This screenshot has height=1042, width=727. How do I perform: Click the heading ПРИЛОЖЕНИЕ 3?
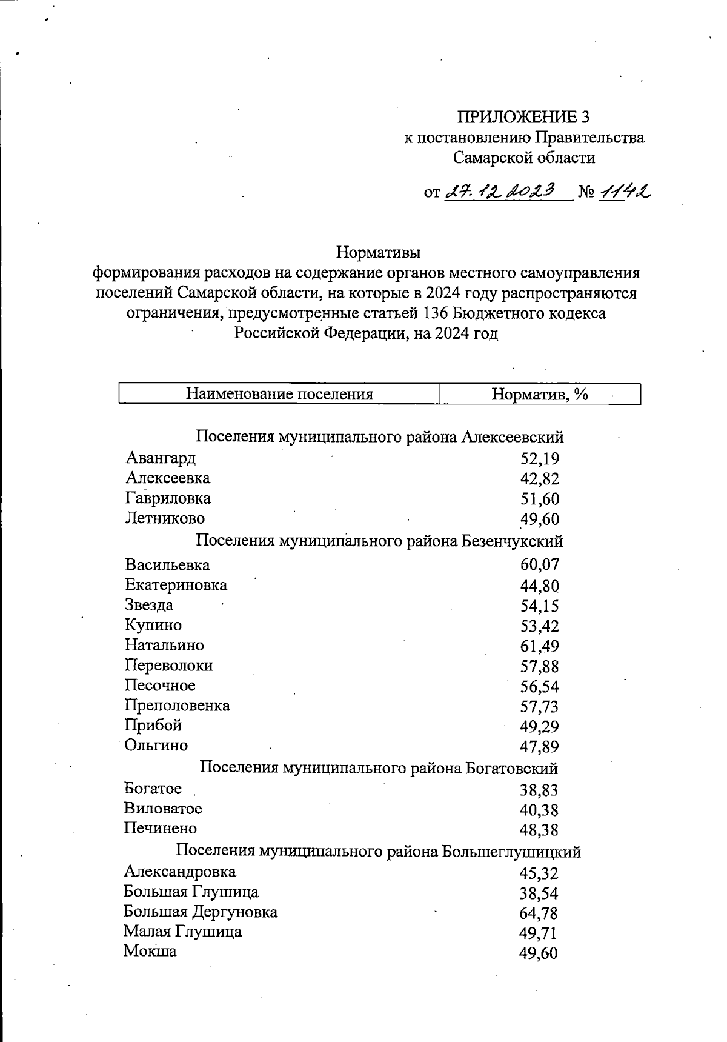(x=523, y=116)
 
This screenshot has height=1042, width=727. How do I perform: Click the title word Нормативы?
(x=379, y=251)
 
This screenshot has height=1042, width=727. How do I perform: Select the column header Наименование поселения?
(x=279, y=395)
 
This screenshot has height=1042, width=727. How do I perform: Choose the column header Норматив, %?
(x=540, y=395)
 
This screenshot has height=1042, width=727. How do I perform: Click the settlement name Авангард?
(x=161, y=458)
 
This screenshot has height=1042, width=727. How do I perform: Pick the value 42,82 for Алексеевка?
(x=539, y=479)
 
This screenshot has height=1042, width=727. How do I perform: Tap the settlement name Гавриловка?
(x=168, y=498)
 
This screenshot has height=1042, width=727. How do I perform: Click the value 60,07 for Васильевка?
(x=539, y=565)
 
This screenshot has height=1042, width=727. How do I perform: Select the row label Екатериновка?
(x=176, y=585)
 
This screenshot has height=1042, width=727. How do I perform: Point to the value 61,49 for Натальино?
(x=539, y=646)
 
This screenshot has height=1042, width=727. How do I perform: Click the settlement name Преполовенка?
(x=178, y=706)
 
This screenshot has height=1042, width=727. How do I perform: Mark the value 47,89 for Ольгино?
(x=539, y=747)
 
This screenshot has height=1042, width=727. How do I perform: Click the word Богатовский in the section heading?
(x=511, y=769)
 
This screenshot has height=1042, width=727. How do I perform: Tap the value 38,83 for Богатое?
(x=539, y=790)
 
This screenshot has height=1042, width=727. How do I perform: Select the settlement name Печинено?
(x=161, y=828)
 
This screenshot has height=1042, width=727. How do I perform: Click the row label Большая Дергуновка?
(x=201, y=912)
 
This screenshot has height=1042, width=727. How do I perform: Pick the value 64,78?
(x=539, y=913)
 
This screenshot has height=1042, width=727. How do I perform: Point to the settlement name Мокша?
(x=150, y=950)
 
